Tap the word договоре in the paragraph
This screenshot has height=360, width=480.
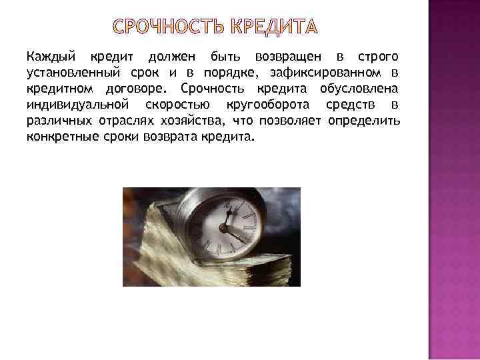tap(141, 88)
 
